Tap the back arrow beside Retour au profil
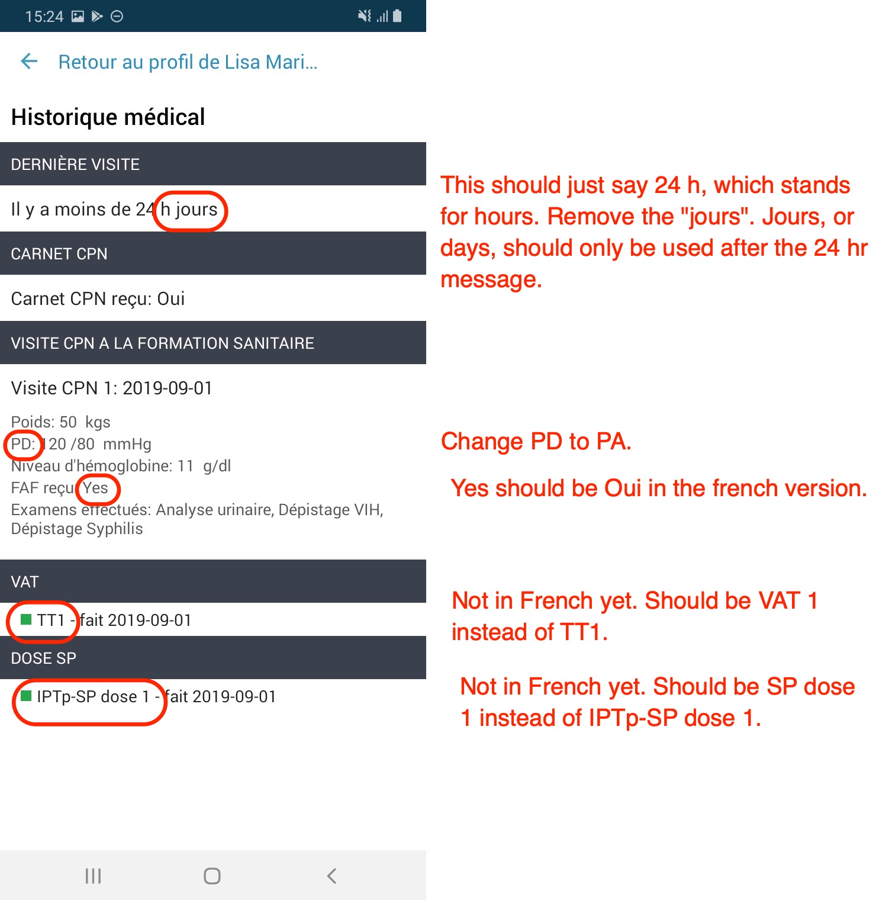(29, 61)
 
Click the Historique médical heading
(108, 117)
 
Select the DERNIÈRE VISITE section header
(213, 164)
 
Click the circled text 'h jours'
(189, 210)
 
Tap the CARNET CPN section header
(213, 253)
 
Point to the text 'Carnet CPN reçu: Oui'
(98, 299)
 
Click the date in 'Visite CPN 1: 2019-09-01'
(168, 388)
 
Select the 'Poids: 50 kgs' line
(60, 422)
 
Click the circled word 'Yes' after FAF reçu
(95, 488)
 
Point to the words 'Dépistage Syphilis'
(77, 529)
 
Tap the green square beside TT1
(26, 620)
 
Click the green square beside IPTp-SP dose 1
(26, 696)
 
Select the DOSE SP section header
(213, 658)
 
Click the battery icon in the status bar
(397, 16)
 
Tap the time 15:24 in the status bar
(44, 17)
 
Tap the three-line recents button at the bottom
(94, 876)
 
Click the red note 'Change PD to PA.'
(536, 442)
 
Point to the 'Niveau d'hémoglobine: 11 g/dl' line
(121, 466)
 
